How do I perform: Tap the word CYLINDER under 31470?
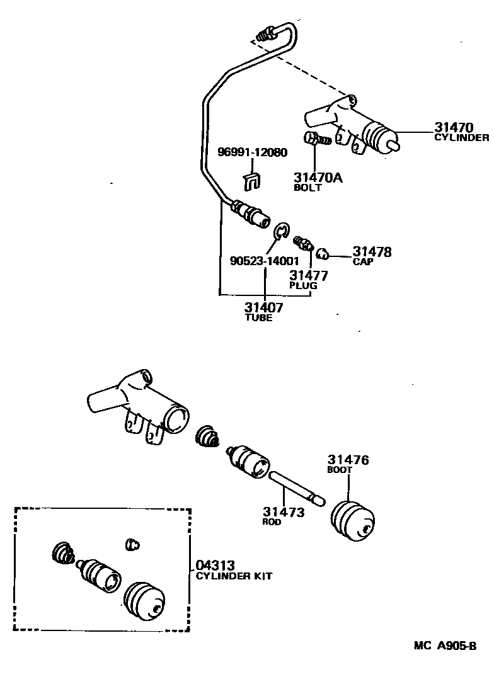click(462, 137)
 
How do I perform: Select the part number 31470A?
click(318, 178)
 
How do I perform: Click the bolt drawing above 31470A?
click(317, 139)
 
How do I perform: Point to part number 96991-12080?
click(252, 152)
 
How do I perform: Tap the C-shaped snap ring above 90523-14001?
click(281, 231)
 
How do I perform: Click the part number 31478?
click(372, 252)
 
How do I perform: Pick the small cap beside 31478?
click(322, 254)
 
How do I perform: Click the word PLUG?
click(303, 285)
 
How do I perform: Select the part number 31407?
click(264, 308)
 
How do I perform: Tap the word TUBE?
click(258, 318)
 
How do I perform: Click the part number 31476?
click(348, 460)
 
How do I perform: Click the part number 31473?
click(284, 512)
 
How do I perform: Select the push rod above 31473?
click(296, 486)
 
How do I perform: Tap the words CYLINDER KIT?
click(234, 576)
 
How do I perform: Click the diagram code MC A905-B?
click(445, 646)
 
